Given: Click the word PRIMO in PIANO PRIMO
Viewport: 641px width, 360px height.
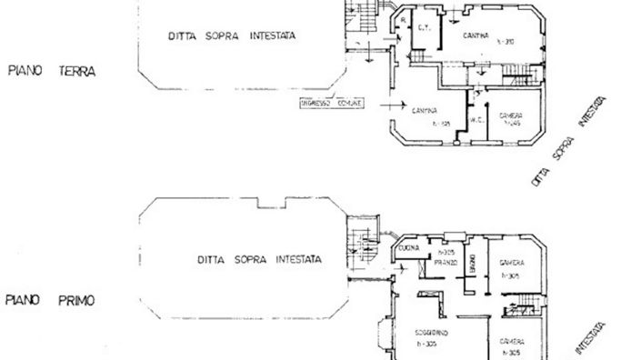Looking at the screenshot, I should point(79,297).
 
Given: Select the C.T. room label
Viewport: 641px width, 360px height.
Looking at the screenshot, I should point(424,27).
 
